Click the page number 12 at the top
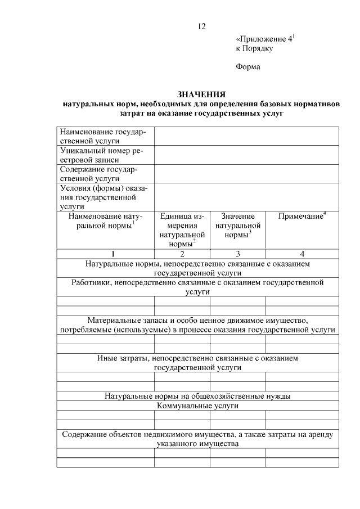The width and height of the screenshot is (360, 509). pyautogui.click(x=202, y=26)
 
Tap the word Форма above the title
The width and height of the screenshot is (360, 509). pyautogui.click(x=248, y=67)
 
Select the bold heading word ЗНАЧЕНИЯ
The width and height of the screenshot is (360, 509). pyautogui.click(x=201, y=94)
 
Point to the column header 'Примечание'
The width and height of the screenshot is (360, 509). pyautogui.click(x=302, y=216)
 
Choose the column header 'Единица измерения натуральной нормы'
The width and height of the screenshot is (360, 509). pyautogui.click(x=182, y=229)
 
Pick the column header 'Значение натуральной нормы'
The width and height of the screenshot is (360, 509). pyautogui.click(x=237, y=225)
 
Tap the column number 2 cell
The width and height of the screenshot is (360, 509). pyautogui.click(x=182, y=254)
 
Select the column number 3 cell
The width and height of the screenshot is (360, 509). pyautogui.click(x=237, y=254)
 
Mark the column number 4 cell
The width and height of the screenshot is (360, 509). pyautogui.click(x=302, y=254)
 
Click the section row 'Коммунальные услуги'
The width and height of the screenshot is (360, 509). pyautogui.click(x=197, y=406)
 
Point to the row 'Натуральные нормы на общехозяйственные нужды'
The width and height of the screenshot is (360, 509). pyautogui.click(x=197, y=396)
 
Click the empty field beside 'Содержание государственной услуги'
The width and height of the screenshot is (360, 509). pyautogui.click(x=246, y=174)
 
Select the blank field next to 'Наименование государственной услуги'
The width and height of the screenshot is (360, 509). pyautogui.click(x=246, y=136)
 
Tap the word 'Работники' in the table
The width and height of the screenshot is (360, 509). pyautogui.click(x=92, y=282)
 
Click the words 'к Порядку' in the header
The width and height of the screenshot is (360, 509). pyautogui.click(x=254, y=49)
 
